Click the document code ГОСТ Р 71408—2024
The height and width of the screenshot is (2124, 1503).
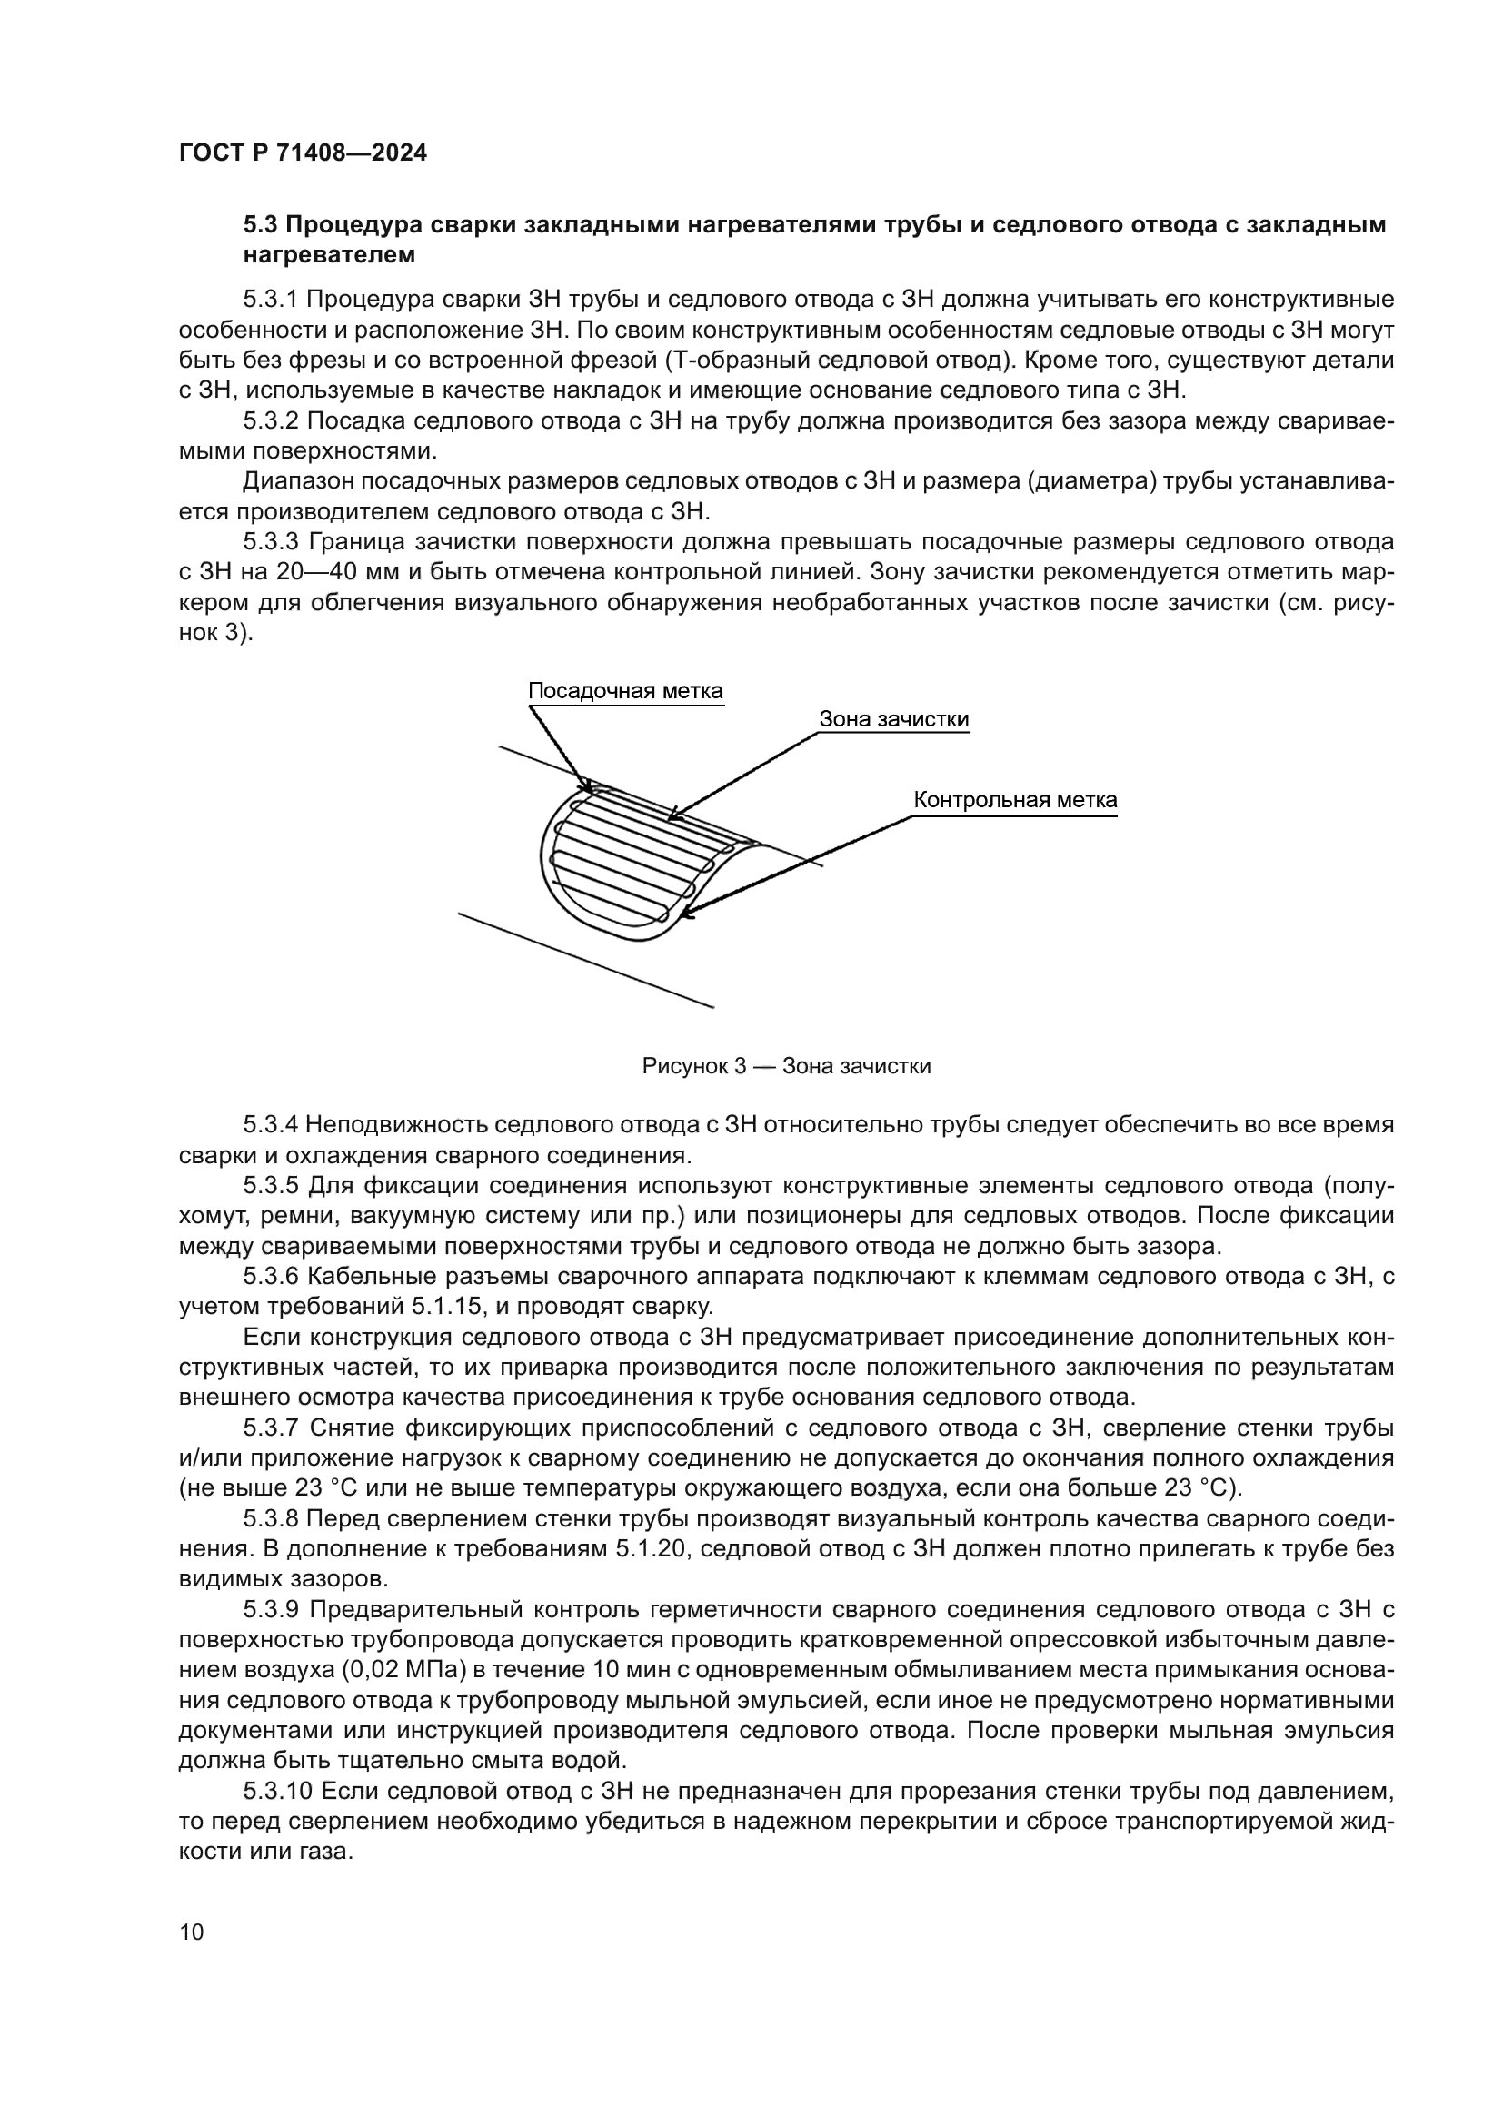pos(303,153)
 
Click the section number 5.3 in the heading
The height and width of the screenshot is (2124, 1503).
pos(260,225)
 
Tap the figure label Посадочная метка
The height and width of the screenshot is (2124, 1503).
pos(624,692)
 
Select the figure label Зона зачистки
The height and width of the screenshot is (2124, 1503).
pos(894,720)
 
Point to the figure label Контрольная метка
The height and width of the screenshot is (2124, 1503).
pos(1015,800)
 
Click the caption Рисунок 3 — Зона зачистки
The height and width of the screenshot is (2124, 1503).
pos(786,1067)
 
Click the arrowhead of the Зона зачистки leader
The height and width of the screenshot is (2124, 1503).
pos(671,818)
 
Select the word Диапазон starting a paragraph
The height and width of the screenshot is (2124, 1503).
pos(294,482)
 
